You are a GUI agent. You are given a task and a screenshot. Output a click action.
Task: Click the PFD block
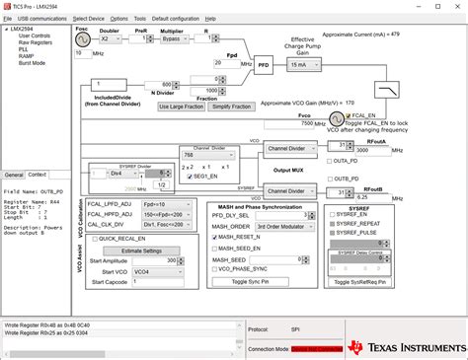pyautogui.click(x=264, y=67)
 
